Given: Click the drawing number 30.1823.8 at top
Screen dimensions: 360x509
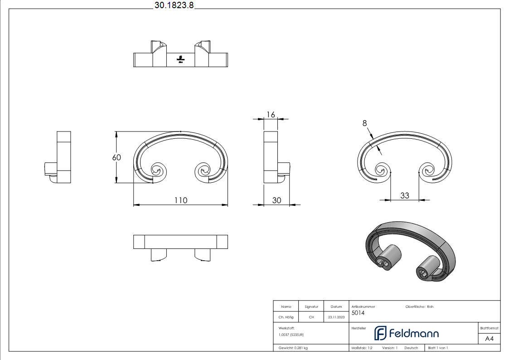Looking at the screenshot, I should tap(174, 5).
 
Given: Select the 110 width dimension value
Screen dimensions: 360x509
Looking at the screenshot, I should tap(180, 200).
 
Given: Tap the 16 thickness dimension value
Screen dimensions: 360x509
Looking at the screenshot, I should tap(270, 114).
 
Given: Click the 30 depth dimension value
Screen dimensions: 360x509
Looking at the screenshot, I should tap(276, 200).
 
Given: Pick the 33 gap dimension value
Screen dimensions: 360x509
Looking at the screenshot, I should tap(404, 195).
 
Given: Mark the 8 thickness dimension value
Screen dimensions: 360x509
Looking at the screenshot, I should tap(364, 123).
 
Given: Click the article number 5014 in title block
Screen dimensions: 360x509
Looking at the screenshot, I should tap(358, 313).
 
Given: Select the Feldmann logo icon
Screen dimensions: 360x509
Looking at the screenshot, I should tap(380, 333).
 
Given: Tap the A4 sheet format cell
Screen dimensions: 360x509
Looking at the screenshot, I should tap(490, 338).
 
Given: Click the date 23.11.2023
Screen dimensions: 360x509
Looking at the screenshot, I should tap(336, 317).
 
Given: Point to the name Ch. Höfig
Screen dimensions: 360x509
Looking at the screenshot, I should tap(286, 317).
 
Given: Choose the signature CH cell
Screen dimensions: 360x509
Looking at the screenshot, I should tap(311, 317).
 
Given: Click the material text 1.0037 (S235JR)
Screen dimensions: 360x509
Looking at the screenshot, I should tap(291, 335).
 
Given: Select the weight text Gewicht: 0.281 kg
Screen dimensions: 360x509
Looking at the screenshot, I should tap(293, 348).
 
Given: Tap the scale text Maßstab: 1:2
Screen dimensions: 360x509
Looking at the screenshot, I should tap(362, 348).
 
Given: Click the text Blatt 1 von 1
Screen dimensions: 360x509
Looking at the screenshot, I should tap(438, 348).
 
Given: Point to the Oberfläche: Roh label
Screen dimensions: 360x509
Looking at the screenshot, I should tap(419, 307).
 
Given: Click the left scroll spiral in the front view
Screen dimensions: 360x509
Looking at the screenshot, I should tap(158, 171).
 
